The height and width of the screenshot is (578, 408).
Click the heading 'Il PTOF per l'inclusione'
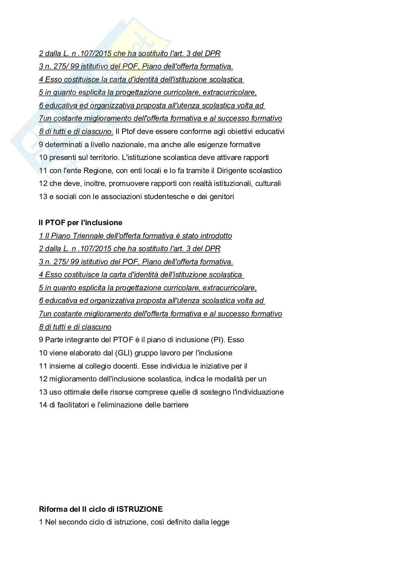pyautogui.click(x=80, y=223)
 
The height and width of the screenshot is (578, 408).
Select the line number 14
pyautogui.click(x=43, y=405)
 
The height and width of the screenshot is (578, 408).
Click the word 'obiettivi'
pyautogui.click(x=244, y=131)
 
